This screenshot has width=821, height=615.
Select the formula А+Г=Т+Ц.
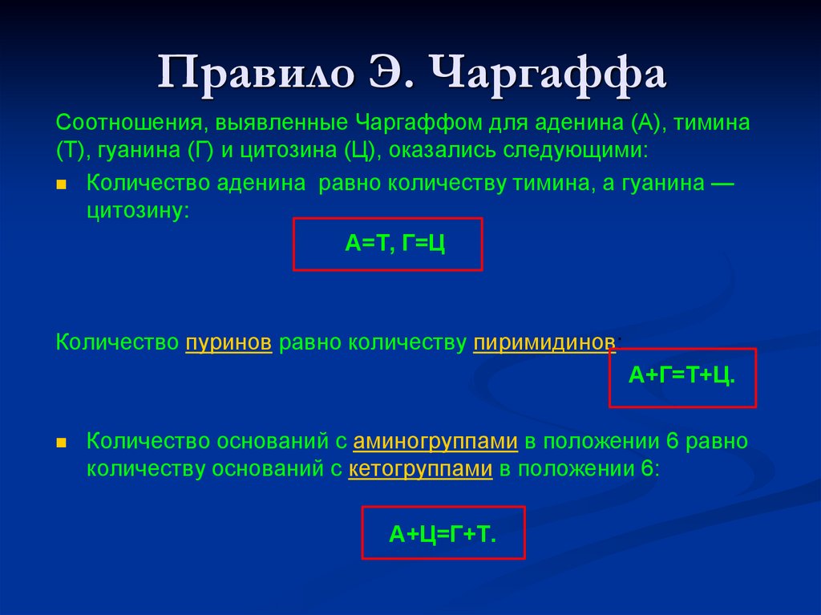tap(682, 376)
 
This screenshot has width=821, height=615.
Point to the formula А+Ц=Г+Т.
tap(443, 532)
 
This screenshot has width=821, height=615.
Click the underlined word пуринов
tap(229, 342)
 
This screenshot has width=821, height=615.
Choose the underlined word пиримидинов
tap(544, 342)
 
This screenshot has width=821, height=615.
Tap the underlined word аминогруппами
tap(435, 442)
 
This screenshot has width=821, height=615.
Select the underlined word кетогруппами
tap(420, 470)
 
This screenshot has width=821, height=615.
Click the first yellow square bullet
tap(62, 184)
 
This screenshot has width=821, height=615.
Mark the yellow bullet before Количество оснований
tap(62, 443)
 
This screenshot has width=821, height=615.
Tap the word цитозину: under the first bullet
tap(138, 211)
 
